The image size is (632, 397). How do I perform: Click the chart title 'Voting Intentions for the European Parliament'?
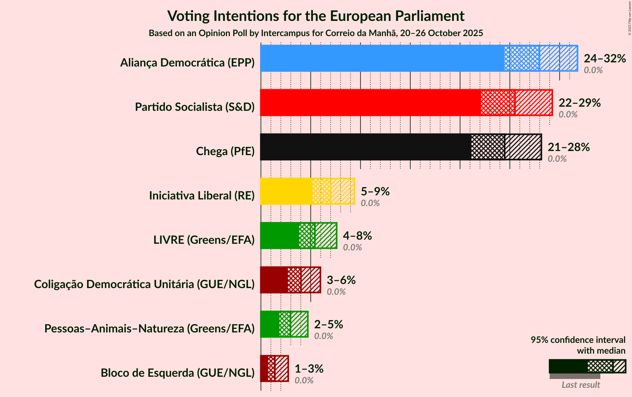(x=316, y=16)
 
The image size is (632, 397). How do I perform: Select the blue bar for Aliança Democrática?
(x=419, y=58)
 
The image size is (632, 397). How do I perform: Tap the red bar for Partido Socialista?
(x=406, y=103)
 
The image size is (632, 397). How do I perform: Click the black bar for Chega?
(x=401, y=147)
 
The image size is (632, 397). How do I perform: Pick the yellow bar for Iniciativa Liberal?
(x=307, y=191)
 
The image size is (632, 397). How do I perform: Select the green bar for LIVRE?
(x=298, y=236)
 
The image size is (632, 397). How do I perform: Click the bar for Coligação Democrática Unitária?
(x=290, y=280)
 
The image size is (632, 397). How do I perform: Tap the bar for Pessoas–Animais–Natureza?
(x=284, y=324)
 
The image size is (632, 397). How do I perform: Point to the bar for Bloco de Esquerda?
(x=274, y=369)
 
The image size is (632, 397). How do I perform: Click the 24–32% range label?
(x=604, y=59)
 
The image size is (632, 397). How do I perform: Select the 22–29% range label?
(x=579, y=103)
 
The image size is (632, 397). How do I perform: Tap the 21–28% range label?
(x=568, y=147)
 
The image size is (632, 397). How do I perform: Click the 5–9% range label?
(x=375, y=192)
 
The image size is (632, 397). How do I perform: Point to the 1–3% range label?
(x=309, y=369)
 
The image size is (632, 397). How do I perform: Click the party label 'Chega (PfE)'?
(x=225, y=151)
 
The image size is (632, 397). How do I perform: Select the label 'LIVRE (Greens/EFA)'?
(x=204, y=240)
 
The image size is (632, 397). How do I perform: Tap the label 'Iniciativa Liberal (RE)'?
(x=202, y=196)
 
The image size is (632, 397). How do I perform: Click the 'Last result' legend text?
(x=580, y=385)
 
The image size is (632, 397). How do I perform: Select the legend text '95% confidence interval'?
(x=578, y=340)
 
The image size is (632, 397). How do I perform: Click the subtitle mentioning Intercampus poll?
(x=316, y=33)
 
